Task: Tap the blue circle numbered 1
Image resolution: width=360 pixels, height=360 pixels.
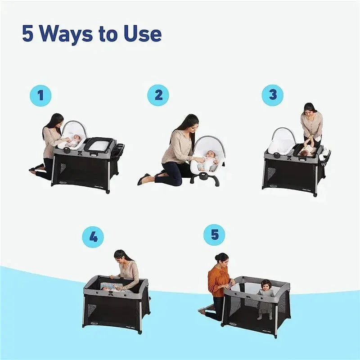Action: point(41,95)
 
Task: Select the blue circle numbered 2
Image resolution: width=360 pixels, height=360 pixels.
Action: point(158,95)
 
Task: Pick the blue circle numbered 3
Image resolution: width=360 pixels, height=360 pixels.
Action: point(273,95)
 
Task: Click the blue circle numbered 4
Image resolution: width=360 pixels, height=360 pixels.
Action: point(93,238)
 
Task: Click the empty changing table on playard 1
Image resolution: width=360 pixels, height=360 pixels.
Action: point(99,145)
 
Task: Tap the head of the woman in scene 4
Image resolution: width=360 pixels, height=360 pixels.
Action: point(120,256)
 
